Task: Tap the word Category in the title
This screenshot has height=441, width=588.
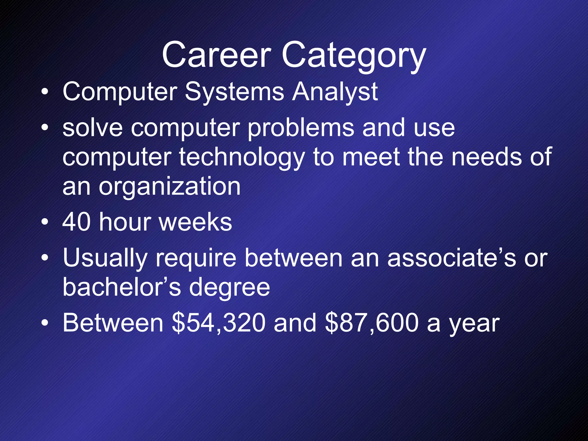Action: pos(353,56)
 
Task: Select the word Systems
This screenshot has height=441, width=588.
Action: pos(234,92)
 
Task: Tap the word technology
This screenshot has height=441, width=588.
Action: pos(241,158)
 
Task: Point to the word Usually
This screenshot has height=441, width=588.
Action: pos(105,258)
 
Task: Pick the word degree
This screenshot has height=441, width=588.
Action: pos(229,288)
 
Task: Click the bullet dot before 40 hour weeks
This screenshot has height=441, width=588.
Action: pos(45,223)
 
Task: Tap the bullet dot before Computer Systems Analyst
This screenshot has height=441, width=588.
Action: pos(45,92)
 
